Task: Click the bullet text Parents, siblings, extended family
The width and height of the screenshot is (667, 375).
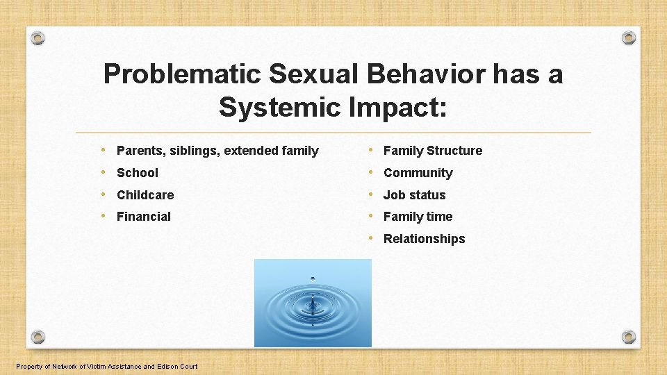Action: pyautogui.click(x=217, y=151)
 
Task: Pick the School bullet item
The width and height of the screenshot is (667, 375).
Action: pyautogui.click(x=138, y=173)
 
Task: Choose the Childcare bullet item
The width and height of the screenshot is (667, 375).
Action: pyautogui.click(x=145, y=195)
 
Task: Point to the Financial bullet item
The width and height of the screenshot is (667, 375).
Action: pyautogui.click(x=144, y=217)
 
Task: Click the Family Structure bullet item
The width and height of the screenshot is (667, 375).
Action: pyautogui.click(x=432, y=151)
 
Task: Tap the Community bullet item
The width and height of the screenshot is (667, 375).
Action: pyautogui.click(x=418, y=173)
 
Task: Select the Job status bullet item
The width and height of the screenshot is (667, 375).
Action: pyautogui.click(x=414, y=195)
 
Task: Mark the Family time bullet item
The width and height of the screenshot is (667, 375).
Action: pyautogui.click(x=418, y=217)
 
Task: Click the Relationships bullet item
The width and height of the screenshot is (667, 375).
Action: pyautogui.click(x=424, y=239)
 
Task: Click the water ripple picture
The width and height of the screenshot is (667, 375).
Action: pyautogui.click(x=313, y=303)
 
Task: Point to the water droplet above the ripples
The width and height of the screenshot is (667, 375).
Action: pyautogui.click(x=313, y=279)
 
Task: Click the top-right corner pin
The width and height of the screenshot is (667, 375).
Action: pyautogui.click(x=628, y=37)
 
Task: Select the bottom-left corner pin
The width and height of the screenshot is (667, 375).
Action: pyautogui.click(x=38, y=337)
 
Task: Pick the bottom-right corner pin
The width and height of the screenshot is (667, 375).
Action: pyautogui.click(x=628, y=337)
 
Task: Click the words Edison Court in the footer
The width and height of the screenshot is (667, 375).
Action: pyautogui.click(x=176, y=367)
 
